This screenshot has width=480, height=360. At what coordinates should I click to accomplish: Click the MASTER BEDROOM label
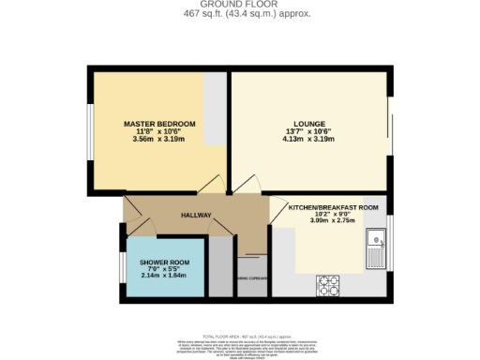tap(158, 125)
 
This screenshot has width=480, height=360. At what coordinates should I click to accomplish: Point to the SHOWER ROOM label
tap(165, 262)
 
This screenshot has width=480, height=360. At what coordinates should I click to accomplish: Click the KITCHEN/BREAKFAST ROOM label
tap(333, 206)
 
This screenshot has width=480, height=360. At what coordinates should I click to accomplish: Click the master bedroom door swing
tap(214, 184)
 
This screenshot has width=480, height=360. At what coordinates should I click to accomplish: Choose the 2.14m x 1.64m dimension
tap(165, 277)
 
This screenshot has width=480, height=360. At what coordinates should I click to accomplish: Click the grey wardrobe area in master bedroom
tap(216, 111)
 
